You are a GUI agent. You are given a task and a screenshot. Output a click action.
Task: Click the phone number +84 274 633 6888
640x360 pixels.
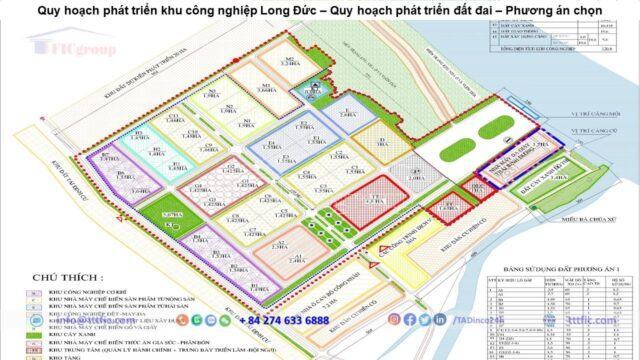(x=283, y=320)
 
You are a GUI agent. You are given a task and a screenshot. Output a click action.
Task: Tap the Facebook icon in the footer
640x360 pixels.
(x=410, y=319)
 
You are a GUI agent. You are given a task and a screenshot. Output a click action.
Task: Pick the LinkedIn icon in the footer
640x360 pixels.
(x=425, y=319)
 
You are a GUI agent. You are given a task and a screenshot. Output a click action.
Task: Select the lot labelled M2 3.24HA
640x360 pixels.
(x=289, y=62)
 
